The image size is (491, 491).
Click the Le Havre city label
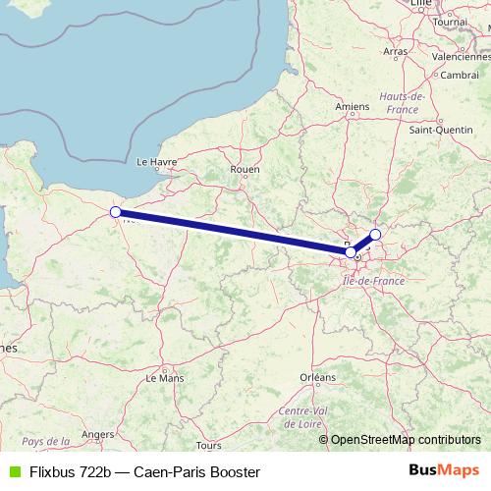pos(155,162)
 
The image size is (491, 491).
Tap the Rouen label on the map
pos(245,169)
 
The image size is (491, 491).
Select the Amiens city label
pos(352,107)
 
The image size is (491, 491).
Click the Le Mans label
pos(164,377)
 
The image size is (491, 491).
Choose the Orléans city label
pos(317,377)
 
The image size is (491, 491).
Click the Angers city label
pos(99,433)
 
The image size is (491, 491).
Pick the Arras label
pos(396,51)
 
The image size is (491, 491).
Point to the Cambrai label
pos(460,75)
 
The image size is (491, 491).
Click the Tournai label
pos(450,22)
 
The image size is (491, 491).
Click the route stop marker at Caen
pos(115,212)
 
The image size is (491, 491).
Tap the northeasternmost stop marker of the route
pos(375,235)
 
